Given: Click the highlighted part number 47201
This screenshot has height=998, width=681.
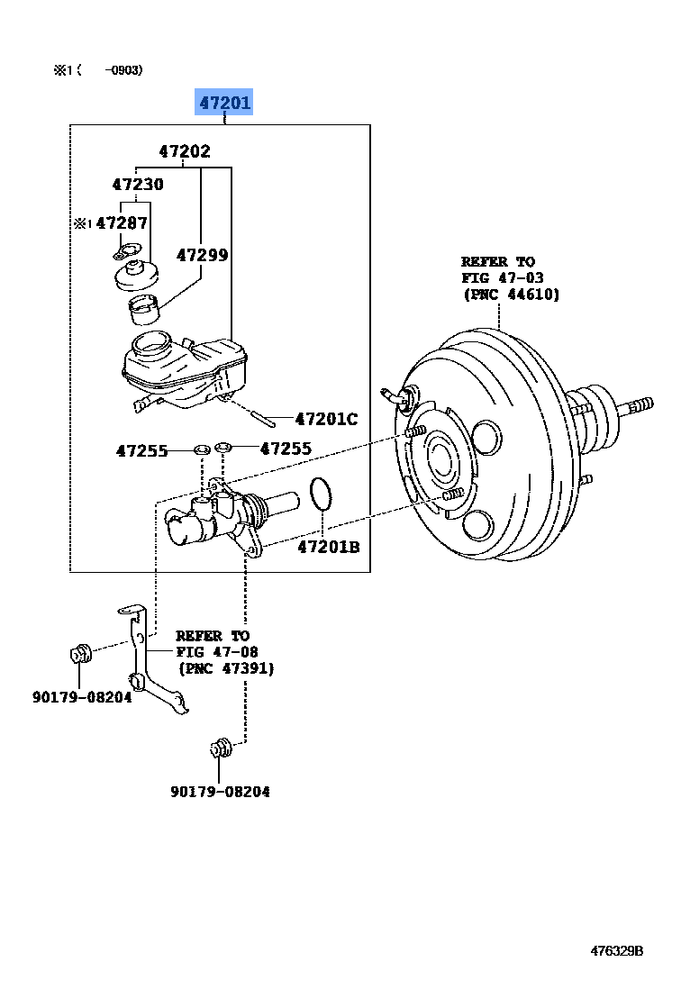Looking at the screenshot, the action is point(224,102).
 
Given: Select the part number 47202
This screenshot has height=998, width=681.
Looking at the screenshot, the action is point(185,150).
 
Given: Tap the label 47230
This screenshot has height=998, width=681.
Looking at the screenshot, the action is point(138,184).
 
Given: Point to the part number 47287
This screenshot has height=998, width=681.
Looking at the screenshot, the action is point(122,222).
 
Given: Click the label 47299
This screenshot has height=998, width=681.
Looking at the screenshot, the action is point(202,255).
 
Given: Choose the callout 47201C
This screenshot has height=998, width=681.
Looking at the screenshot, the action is point(326,419).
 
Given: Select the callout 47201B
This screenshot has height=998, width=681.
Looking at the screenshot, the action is point(329,546).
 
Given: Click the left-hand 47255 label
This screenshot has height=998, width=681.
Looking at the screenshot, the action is point(142,450).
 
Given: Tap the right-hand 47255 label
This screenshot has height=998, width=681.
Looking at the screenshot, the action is point(286,448).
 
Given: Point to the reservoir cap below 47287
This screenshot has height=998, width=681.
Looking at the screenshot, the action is point(135,275).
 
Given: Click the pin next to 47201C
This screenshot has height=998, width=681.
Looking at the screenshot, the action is point(263,420).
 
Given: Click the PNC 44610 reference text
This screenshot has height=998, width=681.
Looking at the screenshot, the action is point(511,294).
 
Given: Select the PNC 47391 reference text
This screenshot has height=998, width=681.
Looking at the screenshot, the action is point(227,668).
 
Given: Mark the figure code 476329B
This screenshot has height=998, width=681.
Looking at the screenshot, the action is point(617,950).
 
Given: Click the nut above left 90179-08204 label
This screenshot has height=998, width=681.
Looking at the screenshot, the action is point(80,654).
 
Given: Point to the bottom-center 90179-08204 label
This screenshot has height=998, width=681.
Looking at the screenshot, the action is point(220,791).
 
